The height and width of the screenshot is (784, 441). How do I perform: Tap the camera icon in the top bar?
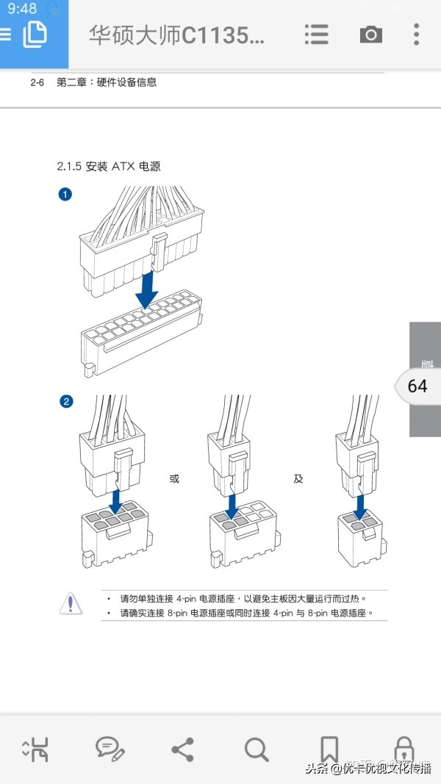click(x=370, y=35)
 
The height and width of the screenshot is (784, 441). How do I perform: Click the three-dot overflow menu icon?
click(x=416, y=35)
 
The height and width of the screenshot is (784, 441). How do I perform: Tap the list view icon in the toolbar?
click(x=316, y=35)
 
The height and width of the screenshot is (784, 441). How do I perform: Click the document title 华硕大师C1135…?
click(x=176, y=35)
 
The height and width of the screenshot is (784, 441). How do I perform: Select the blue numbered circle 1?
click(x=65, y=195)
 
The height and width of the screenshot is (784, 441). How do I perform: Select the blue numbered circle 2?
click(x=65, y=401)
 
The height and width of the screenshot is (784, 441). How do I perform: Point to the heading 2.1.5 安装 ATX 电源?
click(x=109, y=167)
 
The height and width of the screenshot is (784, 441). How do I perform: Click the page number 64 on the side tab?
click(x=417, y=386)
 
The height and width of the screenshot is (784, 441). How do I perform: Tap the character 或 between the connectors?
click(x=174, y=479)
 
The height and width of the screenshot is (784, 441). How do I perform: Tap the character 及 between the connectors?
click(x=298, y=479)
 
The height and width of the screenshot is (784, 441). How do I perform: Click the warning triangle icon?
click(x=71, y=603)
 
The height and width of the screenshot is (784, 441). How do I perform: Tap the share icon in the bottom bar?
click(x=182, y=749)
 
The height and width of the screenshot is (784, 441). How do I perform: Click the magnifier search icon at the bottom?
click(x=256, y=749)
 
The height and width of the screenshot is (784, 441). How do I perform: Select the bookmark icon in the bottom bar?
click(x=329, y=749)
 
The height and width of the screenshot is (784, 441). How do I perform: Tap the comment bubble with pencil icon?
click(x=110, y=749)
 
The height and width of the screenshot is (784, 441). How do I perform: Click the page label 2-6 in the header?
click(x=37, y=82)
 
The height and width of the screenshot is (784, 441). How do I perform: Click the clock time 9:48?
click(x=22, y=9)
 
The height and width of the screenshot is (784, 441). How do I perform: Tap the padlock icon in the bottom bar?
click(x=403, y=749)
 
